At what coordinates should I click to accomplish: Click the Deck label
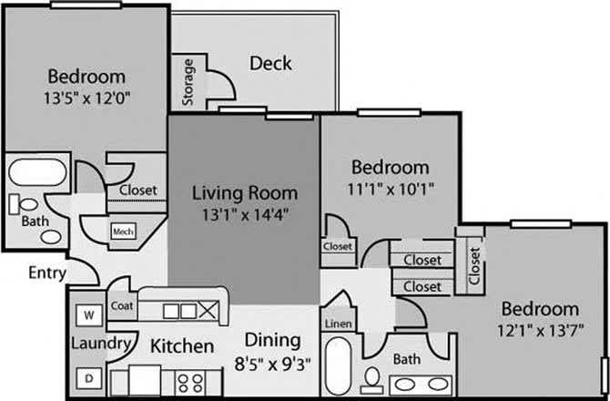click(271, 63)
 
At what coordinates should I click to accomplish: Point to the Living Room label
click(244, 193)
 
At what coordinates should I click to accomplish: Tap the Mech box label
click(122, 231)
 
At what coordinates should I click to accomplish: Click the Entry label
click(46, 272)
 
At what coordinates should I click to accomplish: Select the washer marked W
click(89, 314)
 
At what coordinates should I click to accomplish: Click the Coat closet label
click(122, 307)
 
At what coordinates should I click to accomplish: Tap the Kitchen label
click(182, 346)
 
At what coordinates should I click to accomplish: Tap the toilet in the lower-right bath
click(371, 376)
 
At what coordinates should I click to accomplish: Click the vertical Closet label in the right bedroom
click(474, 265)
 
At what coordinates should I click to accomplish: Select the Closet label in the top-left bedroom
click(137, 190)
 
